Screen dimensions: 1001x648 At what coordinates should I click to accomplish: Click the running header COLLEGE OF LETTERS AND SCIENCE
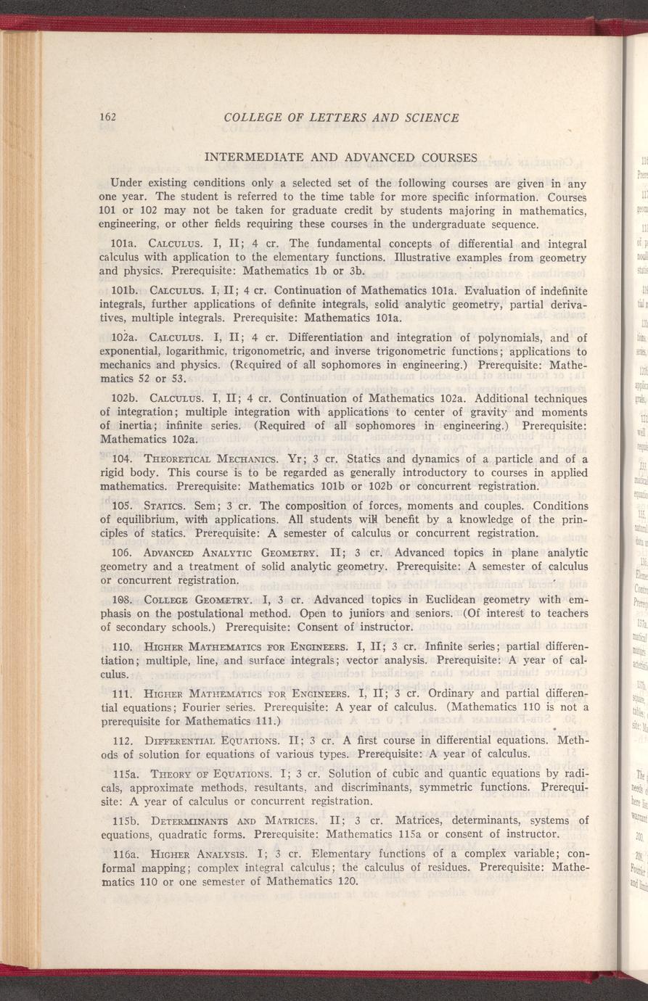pyautogui.click(x=342, y=118)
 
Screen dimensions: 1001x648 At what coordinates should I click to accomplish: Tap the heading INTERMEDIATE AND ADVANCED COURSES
pyautogui.click(x=341, y=157)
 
